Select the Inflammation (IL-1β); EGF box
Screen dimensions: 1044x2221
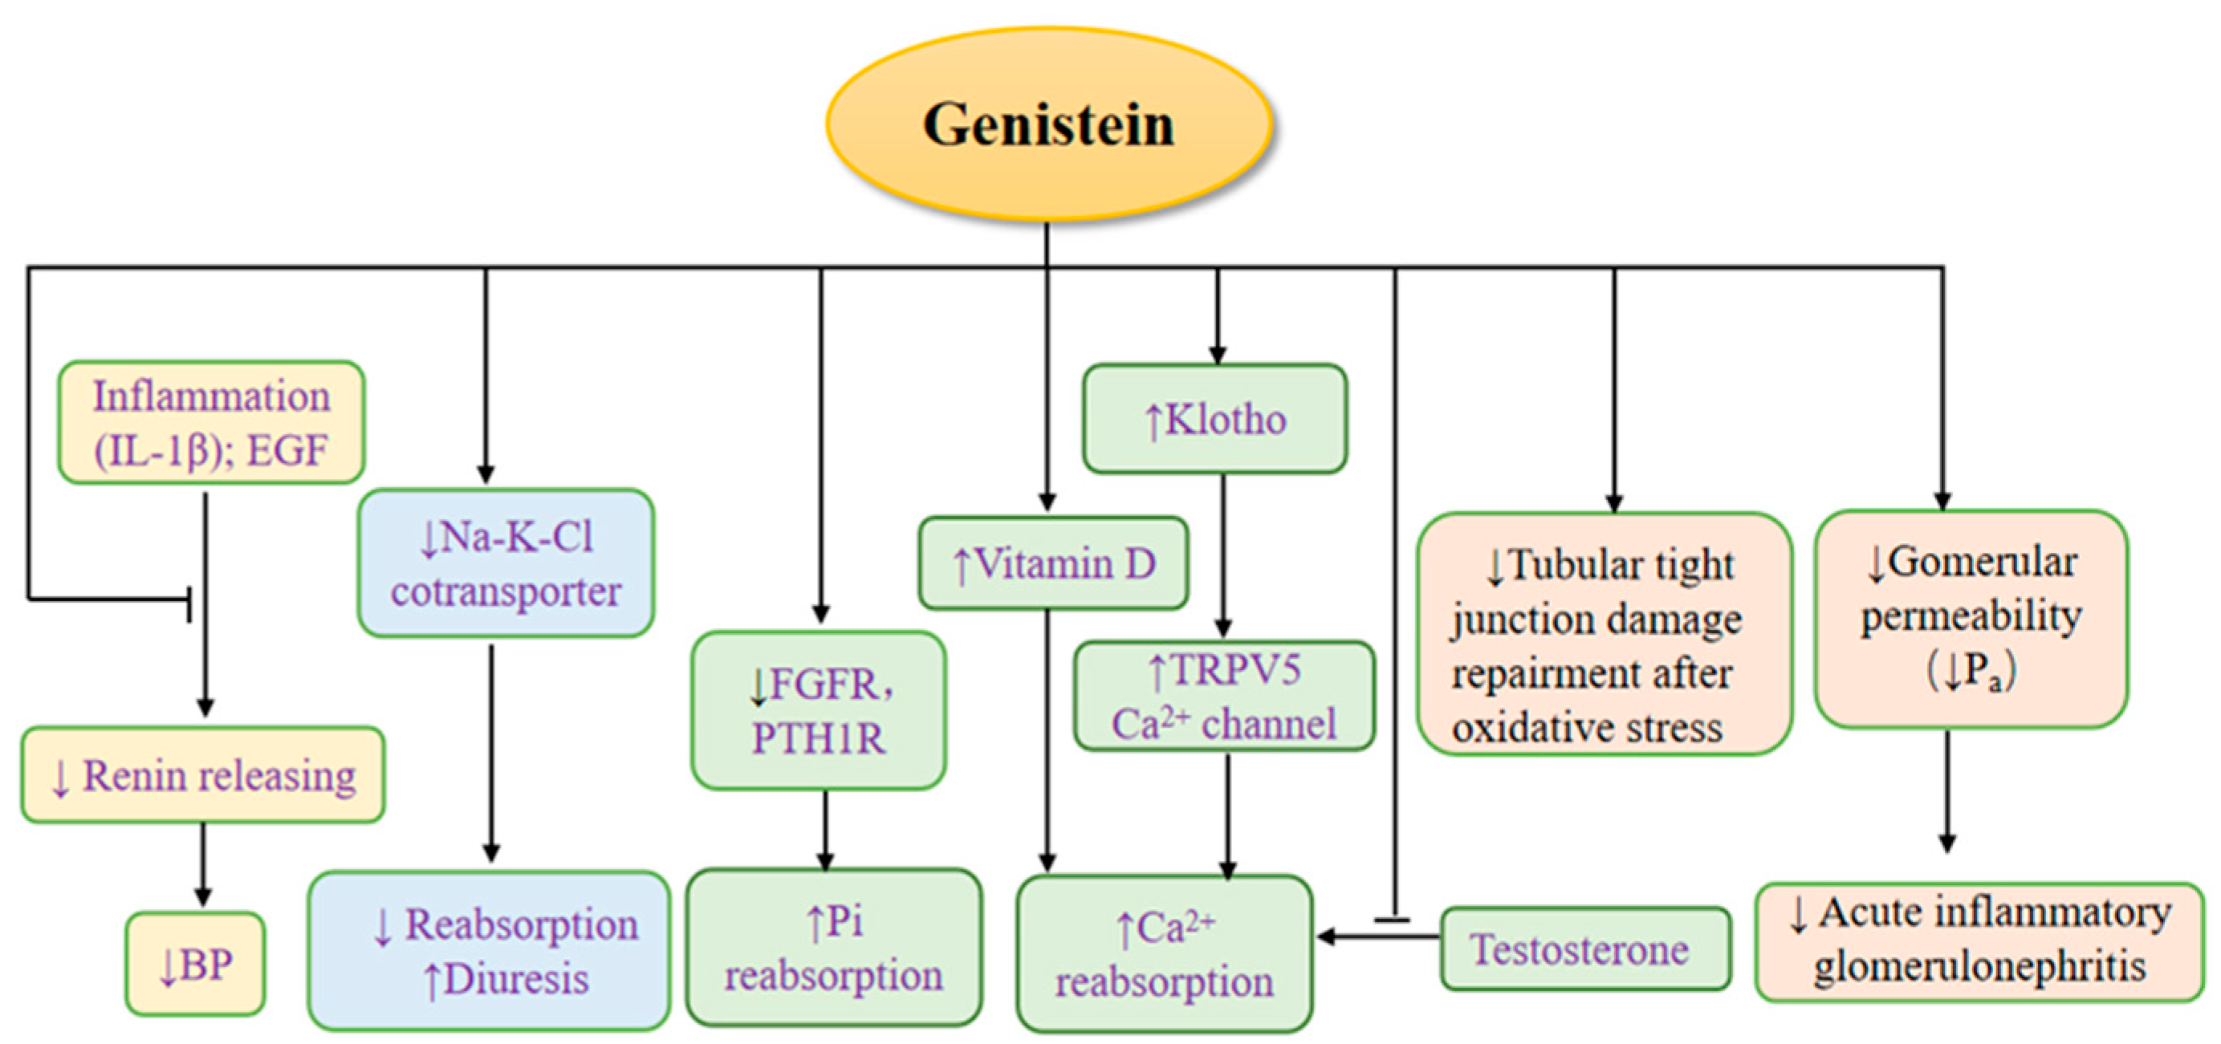point(211,422)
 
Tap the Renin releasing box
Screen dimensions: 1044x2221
point(202,775)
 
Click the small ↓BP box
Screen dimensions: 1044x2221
point(196,964)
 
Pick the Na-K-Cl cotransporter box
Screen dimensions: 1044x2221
point(506,563)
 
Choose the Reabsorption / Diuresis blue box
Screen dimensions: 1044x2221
point(489,950)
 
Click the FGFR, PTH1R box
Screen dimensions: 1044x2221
point(818,710)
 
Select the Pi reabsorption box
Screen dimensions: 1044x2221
point(834,948)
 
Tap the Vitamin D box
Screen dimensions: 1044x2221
point(1053,564)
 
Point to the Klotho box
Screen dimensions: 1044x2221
point(1214,419)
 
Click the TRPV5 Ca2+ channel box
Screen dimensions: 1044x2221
point(1223,696)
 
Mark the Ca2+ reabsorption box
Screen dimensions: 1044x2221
point(1164,953)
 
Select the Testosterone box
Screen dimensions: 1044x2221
point(1584,949)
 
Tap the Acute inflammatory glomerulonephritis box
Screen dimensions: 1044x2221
point(1979,941)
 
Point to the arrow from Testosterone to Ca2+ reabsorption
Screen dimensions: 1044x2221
point(1380,936)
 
